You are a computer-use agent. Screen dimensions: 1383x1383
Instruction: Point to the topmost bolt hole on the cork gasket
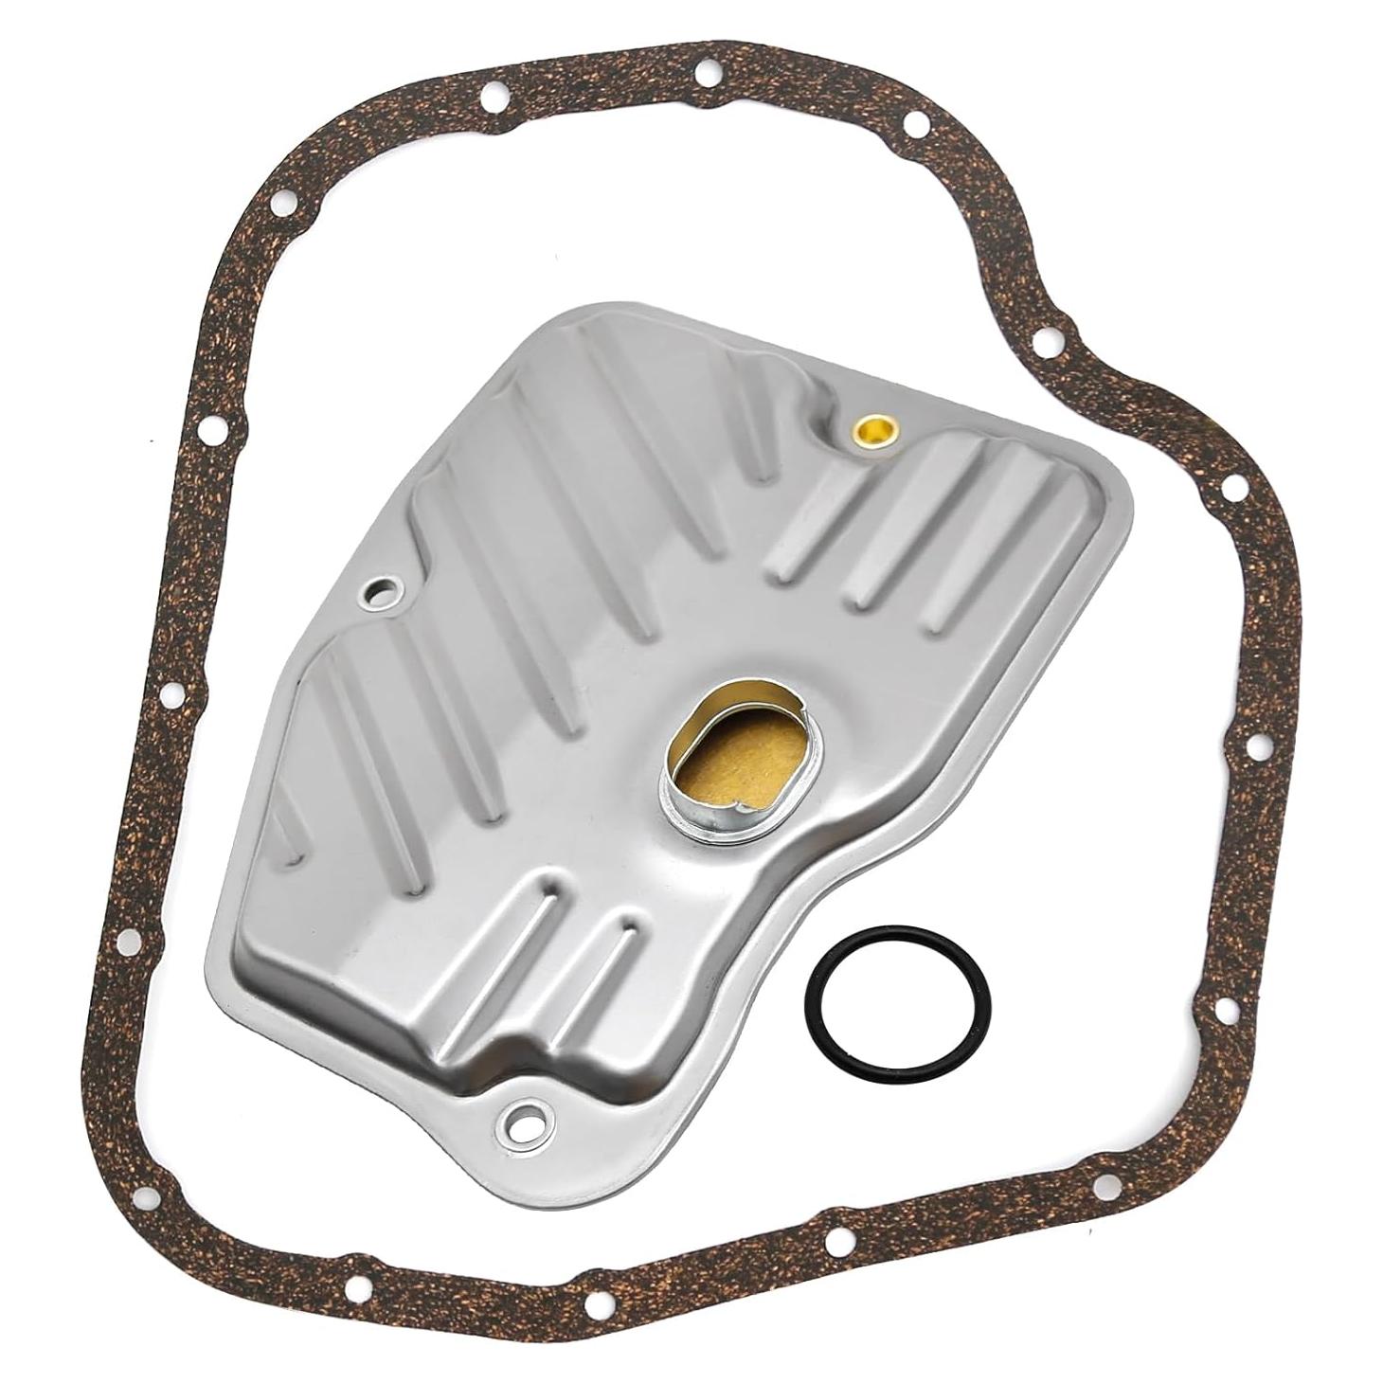pos(706,71)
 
